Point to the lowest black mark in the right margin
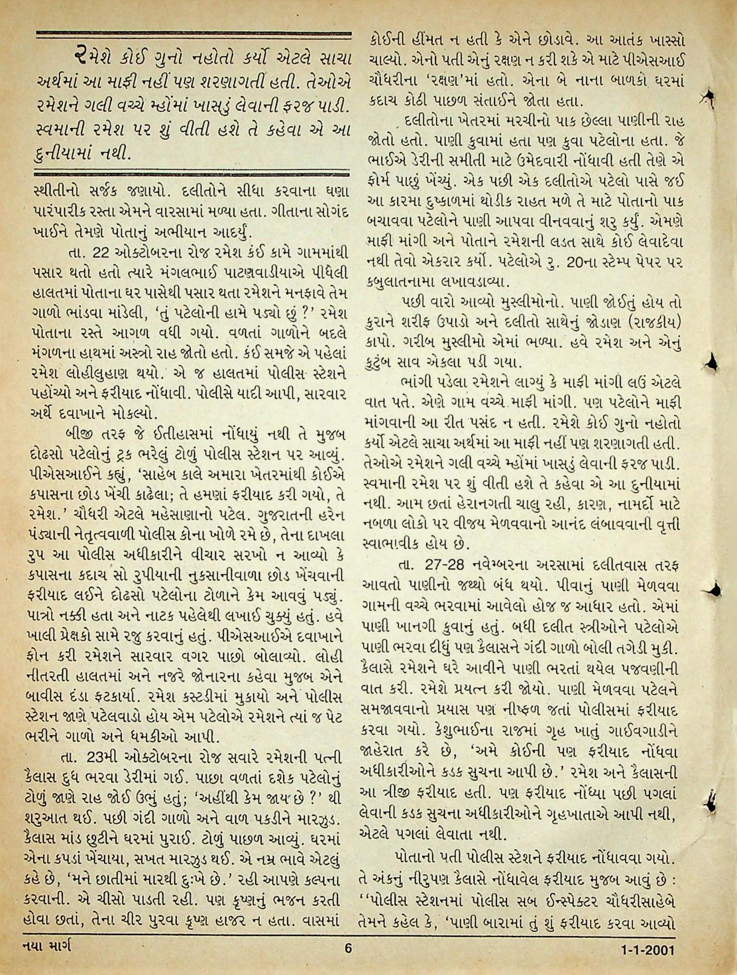[711, 800]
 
